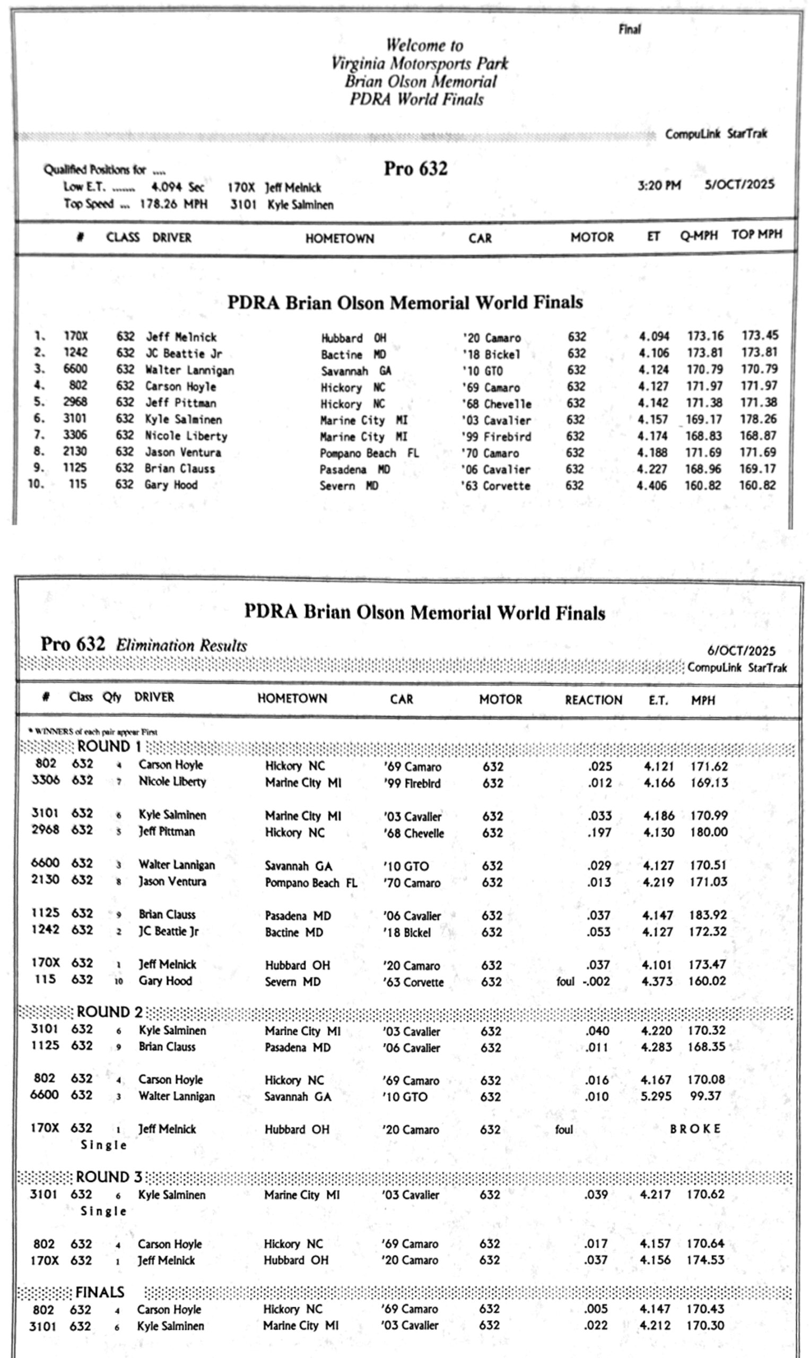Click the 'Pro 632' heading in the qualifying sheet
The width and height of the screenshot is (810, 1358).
[x=415, y=169]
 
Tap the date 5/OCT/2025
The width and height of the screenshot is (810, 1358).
[x=739, y=185]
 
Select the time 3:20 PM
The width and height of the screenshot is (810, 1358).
[x=659, y=186]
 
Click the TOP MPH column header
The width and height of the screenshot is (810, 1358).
[x=756, y=234]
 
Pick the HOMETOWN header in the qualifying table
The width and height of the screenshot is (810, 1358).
[x=339, y=239]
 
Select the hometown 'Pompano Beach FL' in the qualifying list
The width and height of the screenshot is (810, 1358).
[x=369, y=453]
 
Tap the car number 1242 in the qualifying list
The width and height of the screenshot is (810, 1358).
[x=75, y=353]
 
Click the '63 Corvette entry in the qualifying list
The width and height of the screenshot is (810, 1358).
[x=495, y=486]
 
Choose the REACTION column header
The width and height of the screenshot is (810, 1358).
[x=593, y=700]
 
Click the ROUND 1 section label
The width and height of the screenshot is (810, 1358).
[x=109, y=747]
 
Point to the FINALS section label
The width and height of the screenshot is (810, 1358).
[x=100, y=1293]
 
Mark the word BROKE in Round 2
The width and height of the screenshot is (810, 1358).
[x=695, y=1129]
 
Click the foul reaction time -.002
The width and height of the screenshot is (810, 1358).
[x=596, y=981]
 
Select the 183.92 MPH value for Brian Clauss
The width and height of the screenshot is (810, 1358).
[x=708, y=915]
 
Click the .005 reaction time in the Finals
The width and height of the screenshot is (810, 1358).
[x=596, y=1309]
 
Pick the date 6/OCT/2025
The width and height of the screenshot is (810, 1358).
[x=741, y=650]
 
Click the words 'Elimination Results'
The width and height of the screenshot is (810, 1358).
[x=181, y=646]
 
